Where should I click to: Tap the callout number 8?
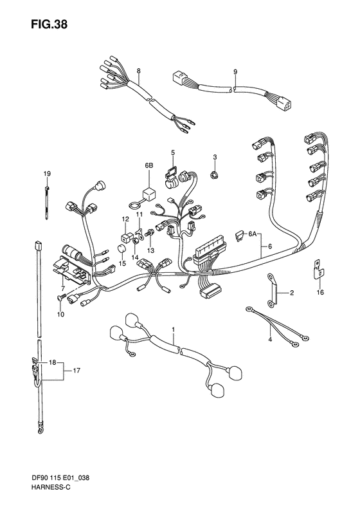[x=138, y=70]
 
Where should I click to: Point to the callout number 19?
[x=46, y=174]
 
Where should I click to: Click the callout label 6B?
[x=149, y=165]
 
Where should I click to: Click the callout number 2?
[x=292, y=293]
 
